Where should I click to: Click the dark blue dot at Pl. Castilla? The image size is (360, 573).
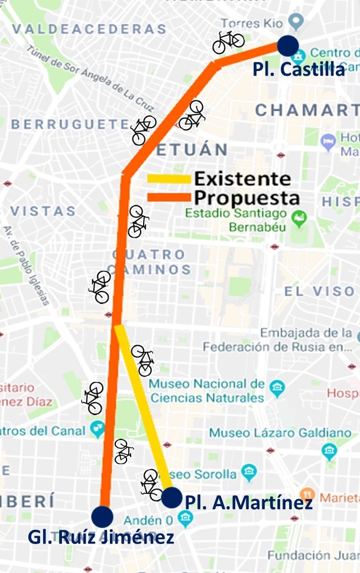click(287, 44)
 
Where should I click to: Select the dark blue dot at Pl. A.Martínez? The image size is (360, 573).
click(171, 497)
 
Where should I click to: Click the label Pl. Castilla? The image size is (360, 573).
click(299, 69)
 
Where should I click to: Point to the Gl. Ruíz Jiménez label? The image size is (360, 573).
click(101, 537)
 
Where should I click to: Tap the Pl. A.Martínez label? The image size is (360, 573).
click(249, 503)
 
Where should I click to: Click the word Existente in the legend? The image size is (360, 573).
click(242, 179)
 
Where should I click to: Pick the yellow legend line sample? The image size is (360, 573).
click(168, 179)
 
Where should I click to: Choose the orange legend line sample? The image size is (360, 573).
click(168, 197)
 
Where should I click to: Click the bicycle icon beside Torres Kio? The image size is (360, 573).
click(228, 41)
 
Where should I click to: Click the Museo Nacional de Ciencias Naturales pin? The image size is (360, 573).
click(276, 389)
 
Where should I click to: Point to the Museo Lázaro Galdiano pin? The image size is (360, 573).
click(329, 452)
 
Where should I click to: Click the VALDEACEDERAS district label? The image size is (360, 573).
click(89, 29)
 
